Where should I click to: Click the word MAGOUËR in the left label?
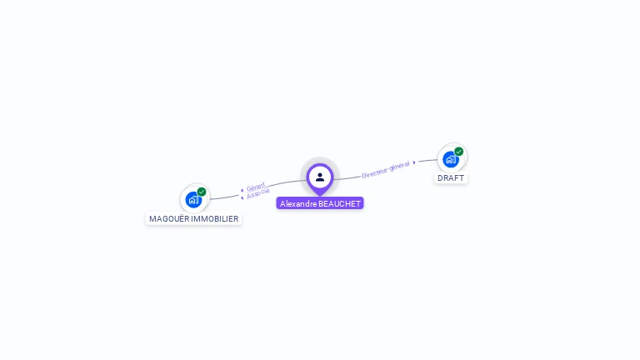(x=169, y=219)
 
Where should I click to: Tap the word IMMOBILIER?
(x=215, y=219)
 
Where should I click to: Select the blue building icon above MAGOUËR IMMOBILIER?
(x=193, y=200)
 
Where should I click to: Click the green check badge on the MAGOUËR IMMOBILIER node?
(x=202, y=192)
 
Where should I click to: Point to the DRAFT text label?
(x=451, y=178)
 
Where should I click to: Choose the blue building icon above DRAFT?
(x=450, y=159)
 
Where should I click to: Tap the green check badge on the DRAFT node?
(x=459, y=152)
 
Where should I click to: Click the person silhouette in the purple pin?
(x=320, y=177)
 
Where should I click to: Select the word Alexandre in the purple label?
(x=298, y=203)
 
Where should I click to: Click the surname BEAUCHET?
(x=340, y=203)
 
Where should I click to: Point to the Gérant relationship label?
(x=256, y=187)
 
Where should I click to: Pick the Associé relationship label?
(x=258, y=192)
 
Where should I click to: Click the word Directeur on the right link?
(x=374, y=172)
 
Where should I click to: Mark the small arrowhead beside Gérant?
(x=242, y=191)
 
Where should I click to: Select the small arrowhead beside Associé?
(x=242, y=197)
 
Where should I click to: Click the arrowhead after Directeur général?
(x=415, y=162)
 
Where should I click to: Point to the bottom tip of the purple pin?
(x=320, y=195)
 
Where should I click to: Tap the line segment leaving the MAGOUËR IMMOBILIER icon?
(x=221, y=197)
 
